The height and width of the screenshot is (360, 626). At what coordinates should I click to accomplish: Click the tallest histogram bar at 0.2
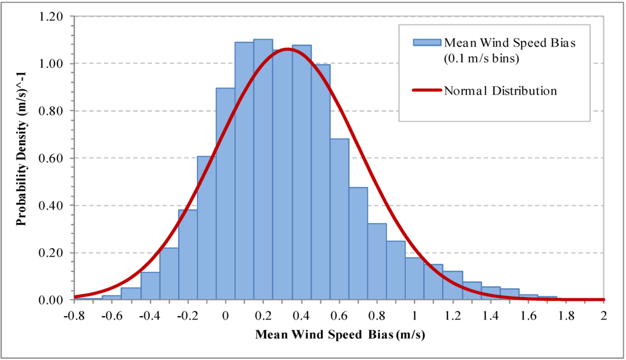click(263, 170)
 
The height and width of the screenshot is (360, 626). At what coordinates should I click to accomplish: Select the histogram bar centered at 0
click(226, 194)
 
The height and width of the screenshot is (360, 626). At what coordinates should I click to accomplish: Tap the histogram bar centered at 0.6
click(339, 219)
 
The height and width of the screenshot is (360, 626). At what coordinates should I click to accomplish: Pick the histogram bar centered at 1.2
click(453, 285)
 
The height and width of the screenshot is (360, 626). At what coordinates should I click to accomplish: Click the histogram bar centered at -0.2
click(188, 255)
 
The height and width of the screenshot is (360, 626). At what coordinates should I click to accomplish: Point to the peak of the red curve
click(287, 49)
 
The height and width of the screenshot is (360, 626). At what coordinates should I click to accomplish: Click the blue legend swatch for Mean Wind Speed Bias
click(427, 43)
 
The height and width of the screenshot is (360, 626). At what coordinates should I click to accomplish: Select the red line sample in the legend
click(427, 90)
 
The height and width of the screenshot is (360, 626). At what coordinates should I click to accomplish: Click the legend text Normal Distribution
click(500, 91)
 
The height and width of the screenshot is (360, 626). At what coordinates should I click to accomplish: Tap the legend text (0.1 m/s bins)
click(482, 59)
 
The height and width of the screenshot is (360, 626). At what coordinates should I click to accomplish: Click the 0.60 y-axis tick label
click(50, 158)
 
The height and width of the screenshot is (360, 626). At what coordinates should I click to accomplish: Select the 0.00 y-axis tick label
click(50, 300)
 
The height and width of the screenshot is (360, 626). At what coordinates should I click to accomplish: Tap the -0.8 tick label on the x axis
click(74, 316)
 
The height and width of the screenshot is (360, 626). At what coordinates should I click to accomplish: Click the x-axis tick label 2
click(603, 316)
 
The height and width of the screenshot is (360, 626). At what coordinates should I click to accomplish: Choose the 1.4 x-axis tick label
click(490, 316)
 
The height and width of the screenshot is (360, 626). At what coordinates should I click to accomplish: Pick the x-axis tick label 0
click(226, 316)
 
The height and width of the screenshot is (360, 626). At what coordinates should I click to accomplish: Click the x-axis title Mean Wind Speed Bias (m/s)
click(340, 334)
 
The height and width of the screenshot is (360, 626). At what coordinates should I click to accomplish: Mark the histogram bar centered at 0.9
click(396, 270)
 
